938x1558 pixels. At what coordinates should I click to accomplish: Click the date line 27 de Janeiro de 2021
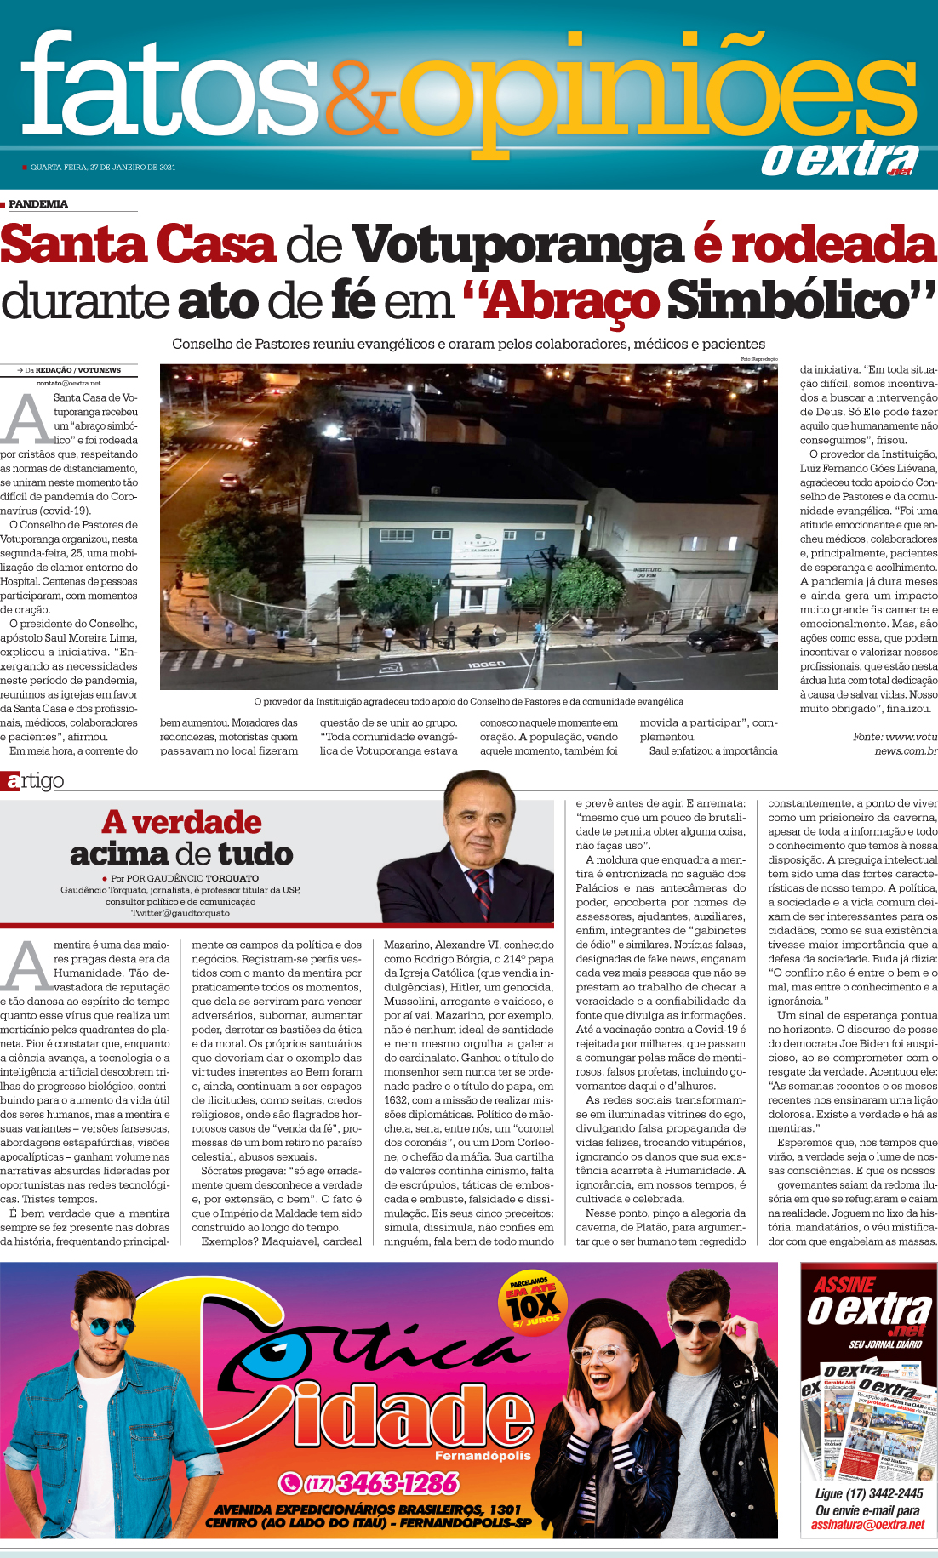pos(103,167)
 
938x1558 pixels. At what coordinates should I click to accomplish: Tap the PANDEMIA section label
pos(38,204)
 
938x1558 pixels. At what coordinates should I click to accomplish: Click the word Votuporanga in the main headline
pos(518,245)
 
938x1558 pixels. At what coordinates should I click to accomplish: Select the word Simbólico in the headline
pos(800,301)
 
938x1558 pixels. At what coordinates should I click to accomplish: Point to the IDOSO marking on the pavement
pos(487,664)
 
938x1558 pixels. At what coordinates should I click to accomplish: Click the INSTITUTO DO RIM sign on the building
pos(653,572)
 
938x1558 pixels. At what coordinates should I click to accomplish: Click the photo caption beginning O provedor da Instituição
pos(468,702)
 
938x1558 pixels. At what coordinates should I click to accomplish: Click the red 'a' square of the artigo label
pos(10,781)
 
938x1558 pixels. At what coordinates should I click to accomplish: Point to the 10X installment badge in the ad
pos(533,1305)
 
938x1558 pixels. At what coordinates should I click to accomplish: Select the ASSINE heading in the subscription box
pos(844,1285)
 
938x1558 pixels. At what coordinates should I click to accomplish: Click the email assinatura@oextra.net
pos(867,1524)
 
